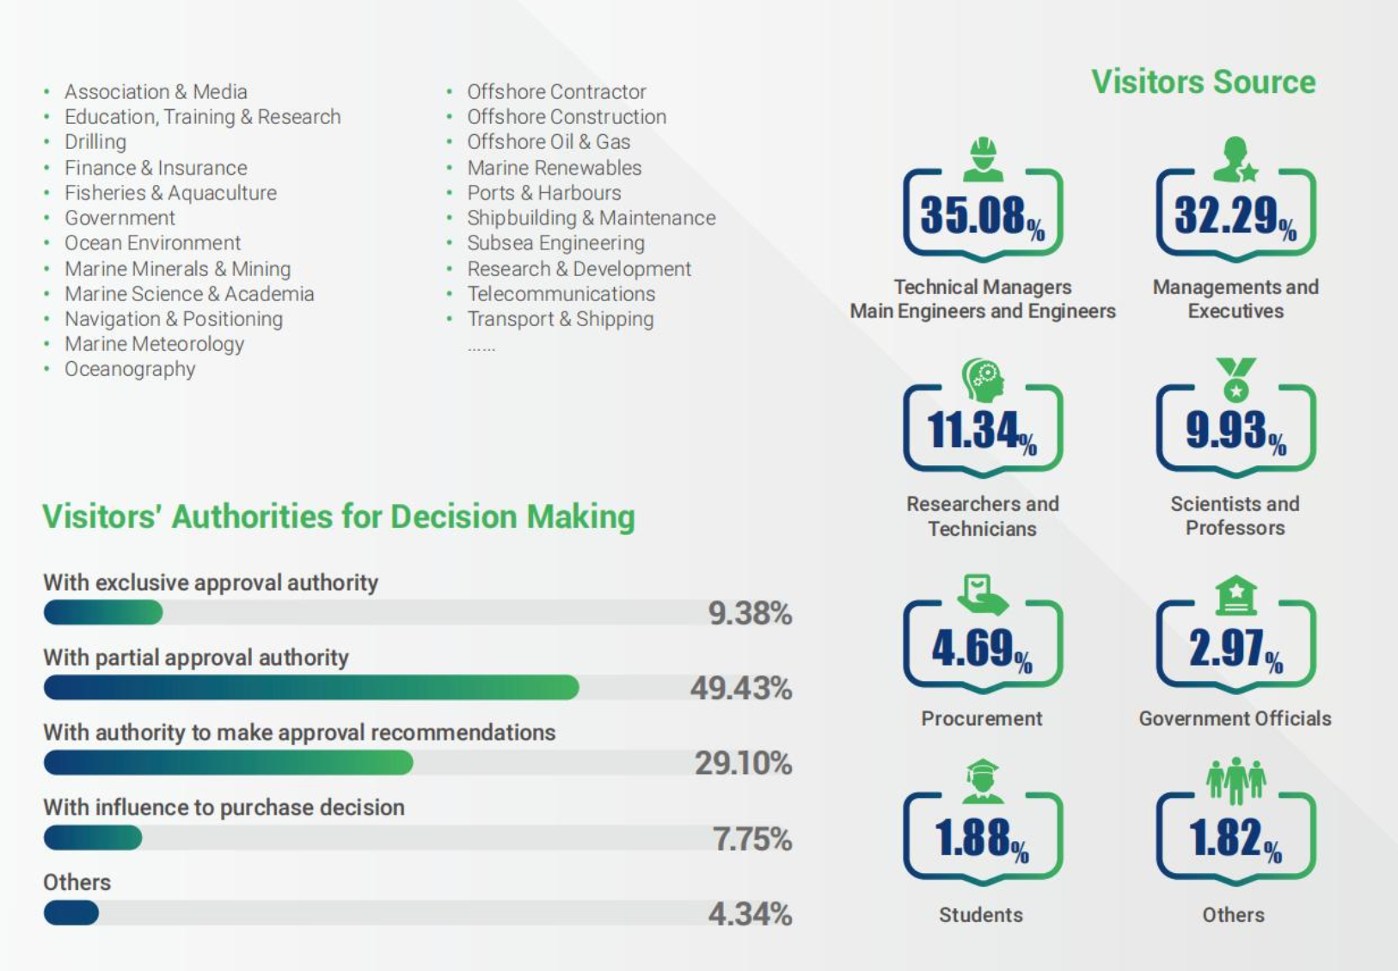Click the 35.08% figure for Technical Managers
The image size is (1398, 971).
(x=981, y=215)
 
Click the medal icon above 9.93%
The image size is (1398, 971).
(x=1236, y=379)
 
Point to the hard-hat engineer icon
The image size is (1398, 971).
(x=983, y=159)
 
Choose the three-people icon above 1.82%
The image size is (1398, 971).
(x=1236, y=779)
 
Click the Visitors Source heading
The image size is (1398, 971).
(x=1203, y=83)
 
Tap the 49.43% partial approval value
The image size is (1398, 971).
(x=740, y=688)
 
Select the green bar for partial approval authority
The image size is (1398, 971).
(x=311, y=687)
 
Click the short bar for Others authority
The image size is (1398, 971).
(x=71, y=913)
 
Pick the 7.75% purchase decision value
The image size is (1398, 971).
(x=751, y=839)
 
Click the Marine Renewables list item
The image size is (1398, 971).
(x=554, y=168)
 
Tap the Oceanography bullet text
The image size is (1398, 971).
(x=130, y=369)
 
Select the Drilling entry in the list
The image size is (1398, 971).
(x=95, y=142)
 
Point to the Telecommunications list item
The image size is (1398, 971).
(x=561, y=294)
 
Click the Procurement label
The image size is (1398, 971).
(x=981, y=718)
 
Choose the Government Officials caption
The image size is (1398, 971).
(x=1235, y=718)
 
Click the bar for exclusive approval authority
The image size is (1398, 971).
(x=103, y=612)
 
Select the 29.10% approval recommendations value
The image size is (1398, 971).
(x=743, y=763)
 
